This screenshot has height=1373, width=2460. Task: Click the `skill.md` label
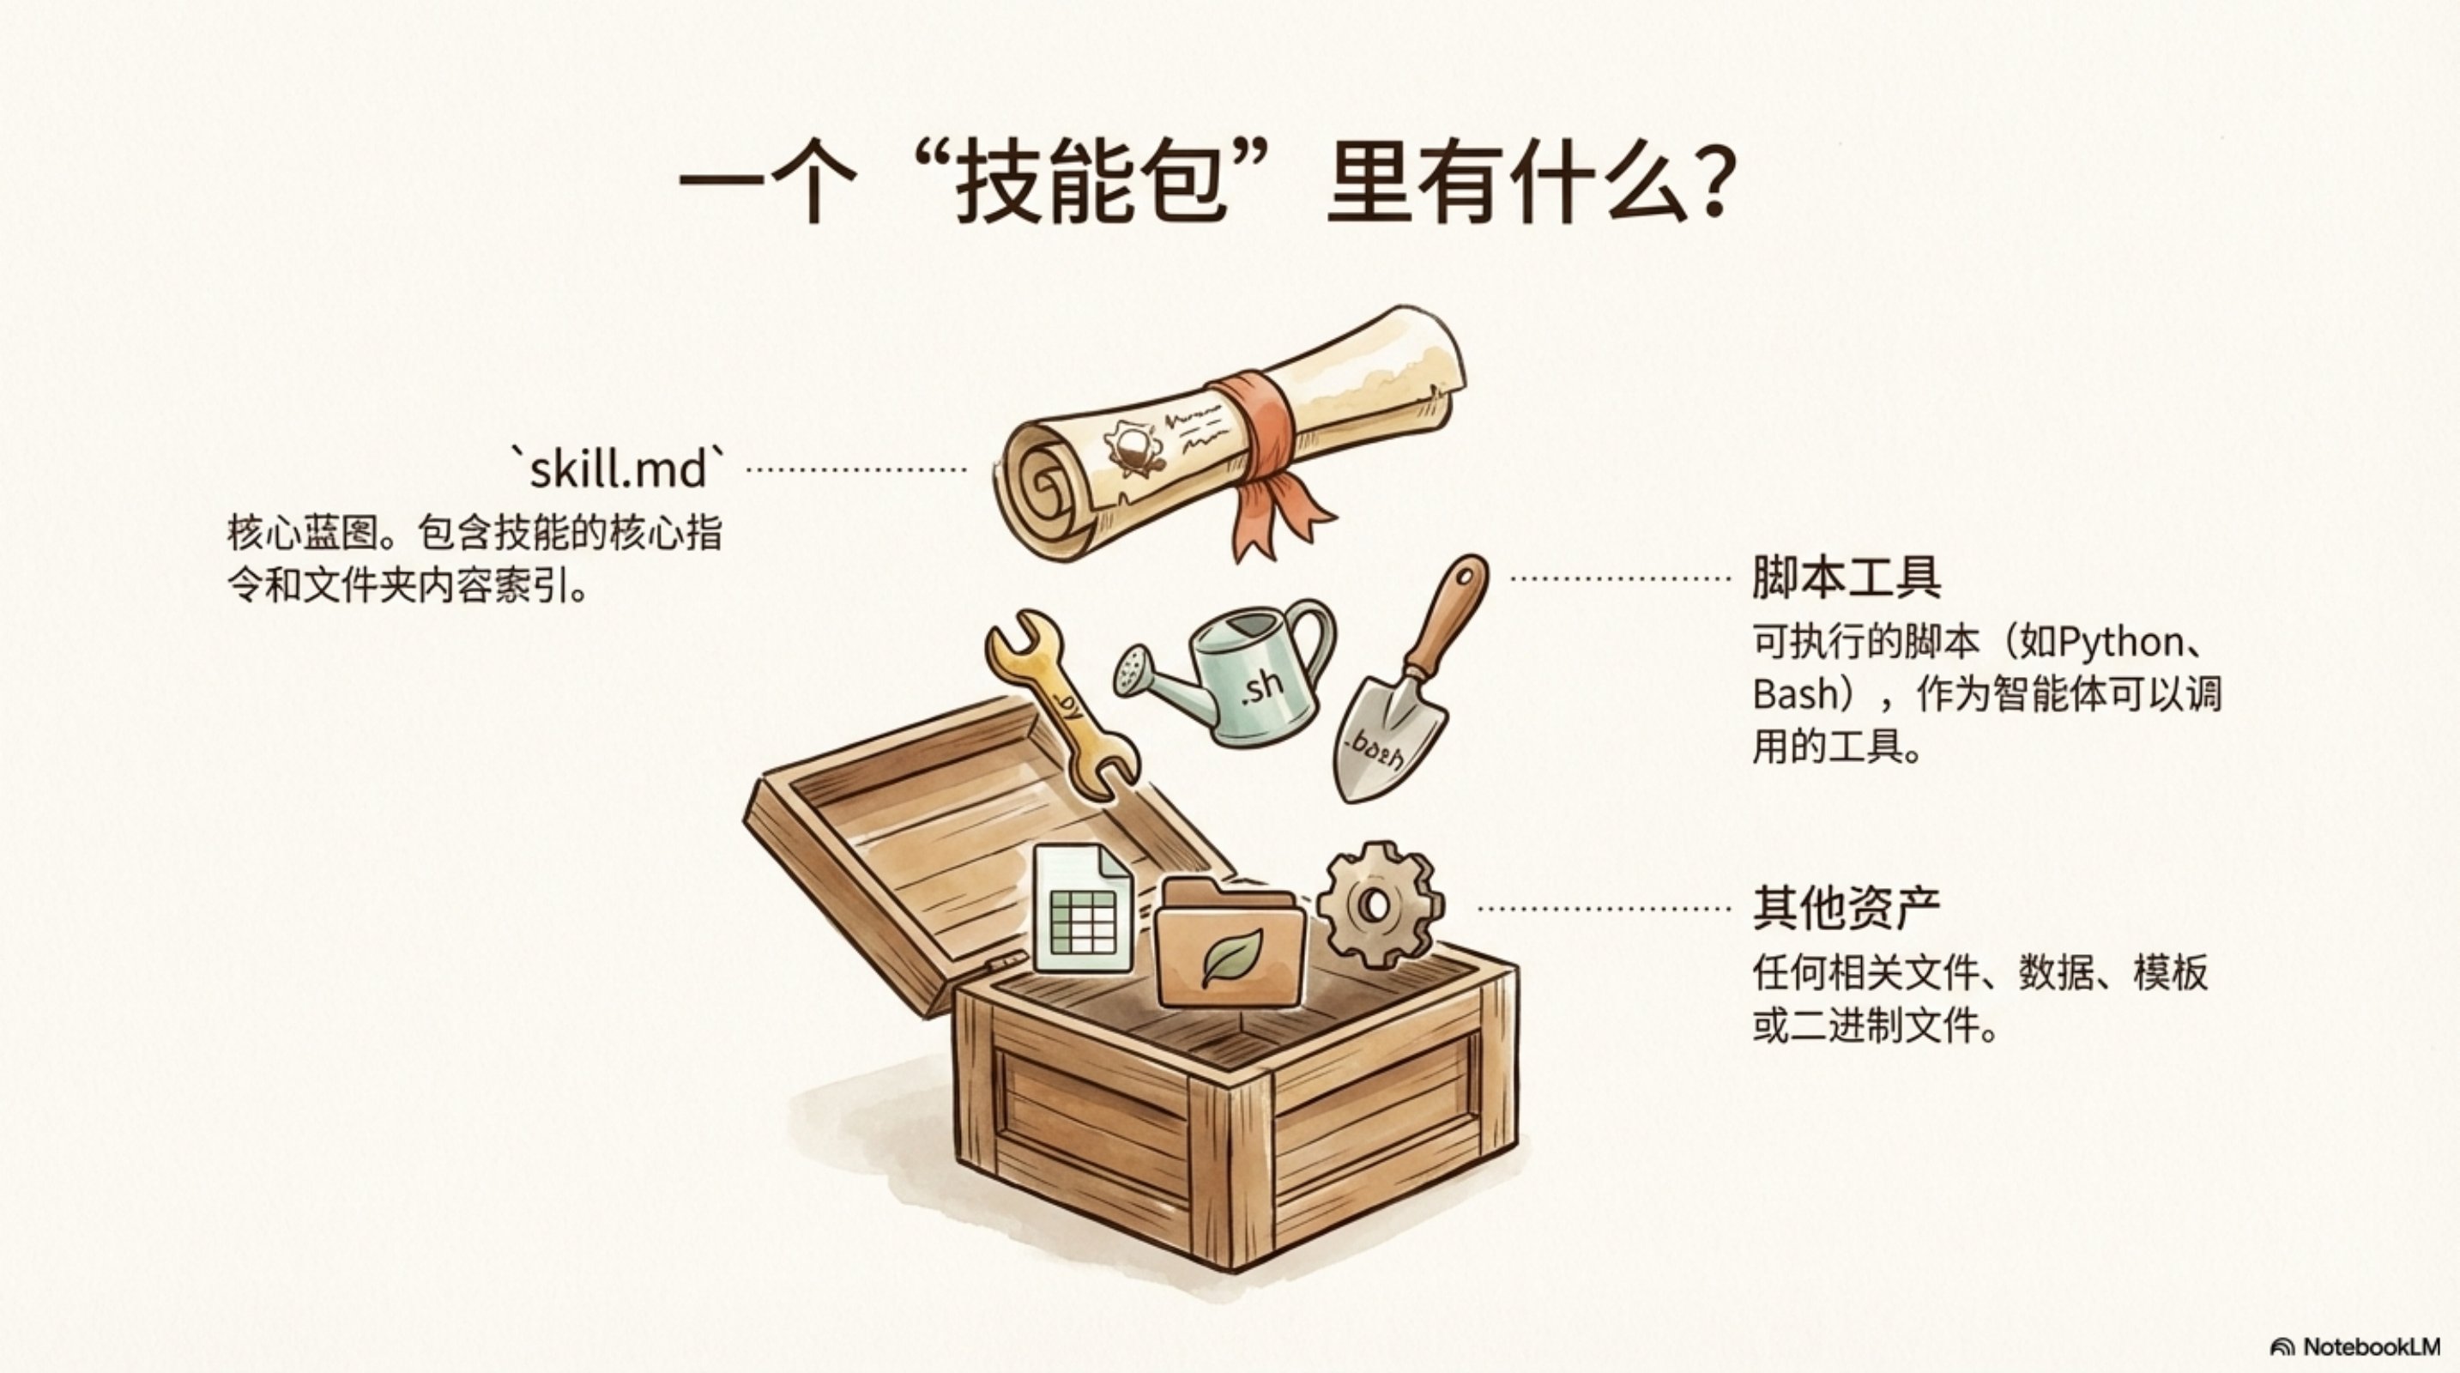pos(618,469)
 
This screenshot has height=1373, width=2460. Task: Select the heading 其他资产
pos(1846,908)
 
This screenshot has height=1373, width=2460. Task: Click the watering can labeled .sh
pos(1232,673)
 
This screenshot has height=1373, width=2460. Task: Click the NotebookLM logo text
pos(2368,1346)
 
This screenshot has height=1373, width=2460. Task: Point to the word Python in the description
pos(2120,643)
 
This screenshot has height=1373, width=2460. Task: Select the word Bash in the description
pos(1795,694)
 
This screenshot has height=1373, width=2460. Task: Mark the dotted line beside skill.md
pos(855,469)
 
